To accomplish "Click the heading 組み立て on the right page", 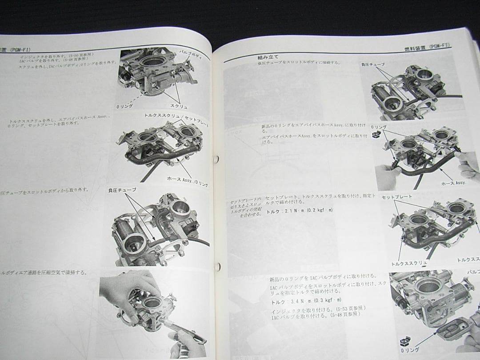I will (x=268, y=57).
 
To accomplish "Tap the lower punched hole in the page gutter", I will (x=218, y=267).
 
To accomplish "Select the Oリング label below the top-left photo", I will (x=124, y=106).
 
